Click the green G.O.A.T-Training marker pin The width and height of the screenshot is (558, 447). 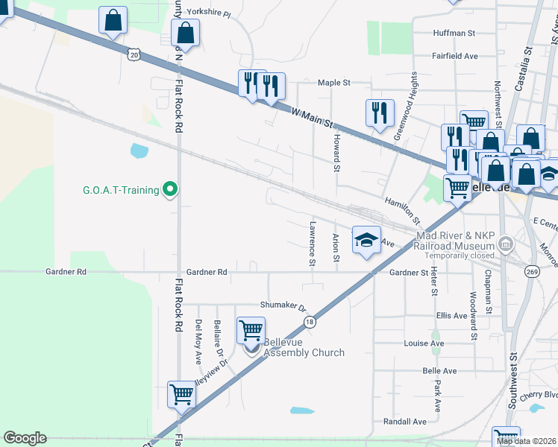[x=170, y=189]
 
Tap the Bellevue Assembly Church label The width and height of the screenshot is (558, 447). [x=304, y=348]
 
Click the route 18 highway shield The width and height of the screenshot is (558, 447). [x=309, y=320]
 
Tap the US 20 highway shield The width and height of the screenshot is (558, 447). [x=134, y=54]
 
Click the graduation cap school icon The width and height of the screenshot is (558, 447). [x=366, y=240]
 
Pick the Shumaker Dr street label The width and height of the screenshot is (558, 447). [x=283, y=305]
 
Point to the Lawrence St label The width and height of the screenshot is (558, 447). [x=312, y=243]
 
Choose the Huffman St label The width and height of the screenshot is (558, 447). [x=454, y=34]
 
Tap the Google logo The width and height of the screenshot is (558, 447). [x=25, y=438]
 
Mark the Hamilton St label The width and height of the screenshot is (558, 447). [x=403, y=212]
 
